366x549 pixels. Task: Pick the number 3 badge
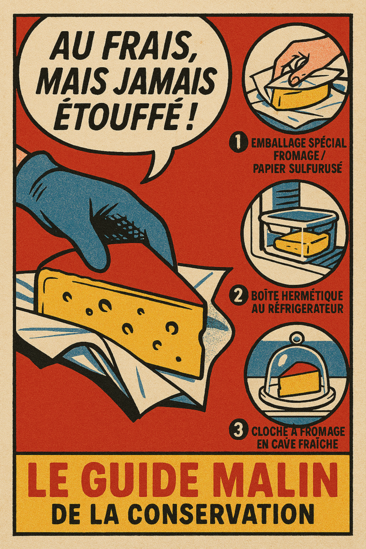pyautogui.click(x=237, y=430)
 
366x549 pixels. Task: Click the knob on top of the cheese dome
pyautogui.click(x=296, y=339)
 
